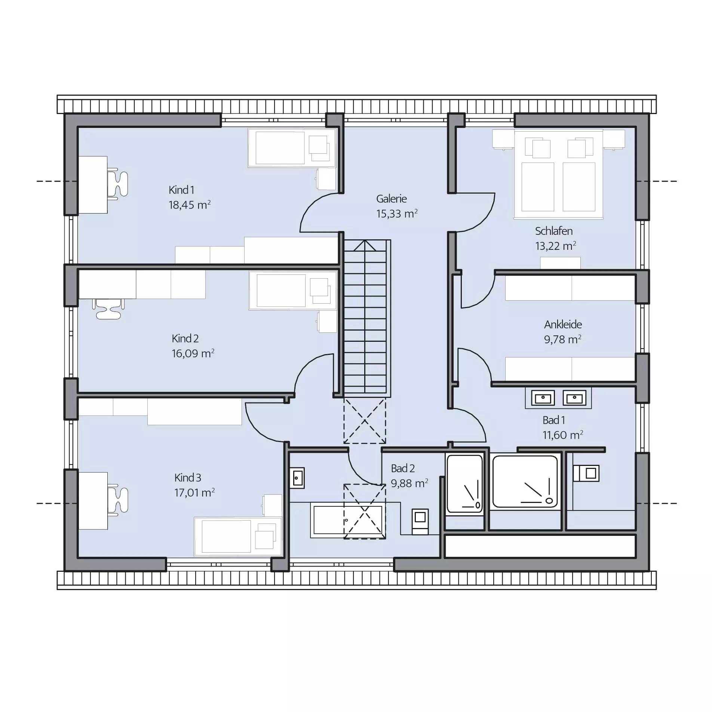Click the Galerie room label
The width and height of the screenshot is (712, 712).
point(391,199)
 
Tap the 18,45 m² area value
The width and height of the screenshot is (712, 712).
point(190,205)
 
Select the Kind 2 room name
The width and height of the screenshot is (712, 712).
point(185,338)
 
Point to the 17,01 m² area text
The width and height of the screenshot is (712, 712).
point(194,492)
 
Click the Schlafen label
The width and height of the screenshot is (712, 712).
point(553,231)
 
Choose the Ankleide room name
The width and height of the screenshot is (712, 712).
point(563,324)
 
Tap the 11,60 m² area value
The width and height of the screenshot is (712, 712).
point(563,435)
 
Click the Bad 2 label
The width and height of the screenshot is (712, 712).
point(403,468)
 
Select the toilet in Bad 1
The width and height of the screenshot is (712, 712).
point(586,473)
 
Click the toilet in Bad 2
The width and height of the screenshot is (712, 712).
point(420,522)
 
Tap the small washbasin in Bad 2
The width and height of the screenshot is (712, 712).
point(298,478)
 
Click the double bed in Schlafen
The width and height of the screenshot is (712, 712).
point(558,174)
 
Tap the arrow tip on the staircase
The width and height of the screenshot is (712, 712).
point(365,241)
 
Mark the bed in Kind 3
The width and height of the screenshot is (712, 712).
point(238,536)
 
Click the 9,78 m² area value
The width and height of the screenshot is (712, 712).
point(563,339)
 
